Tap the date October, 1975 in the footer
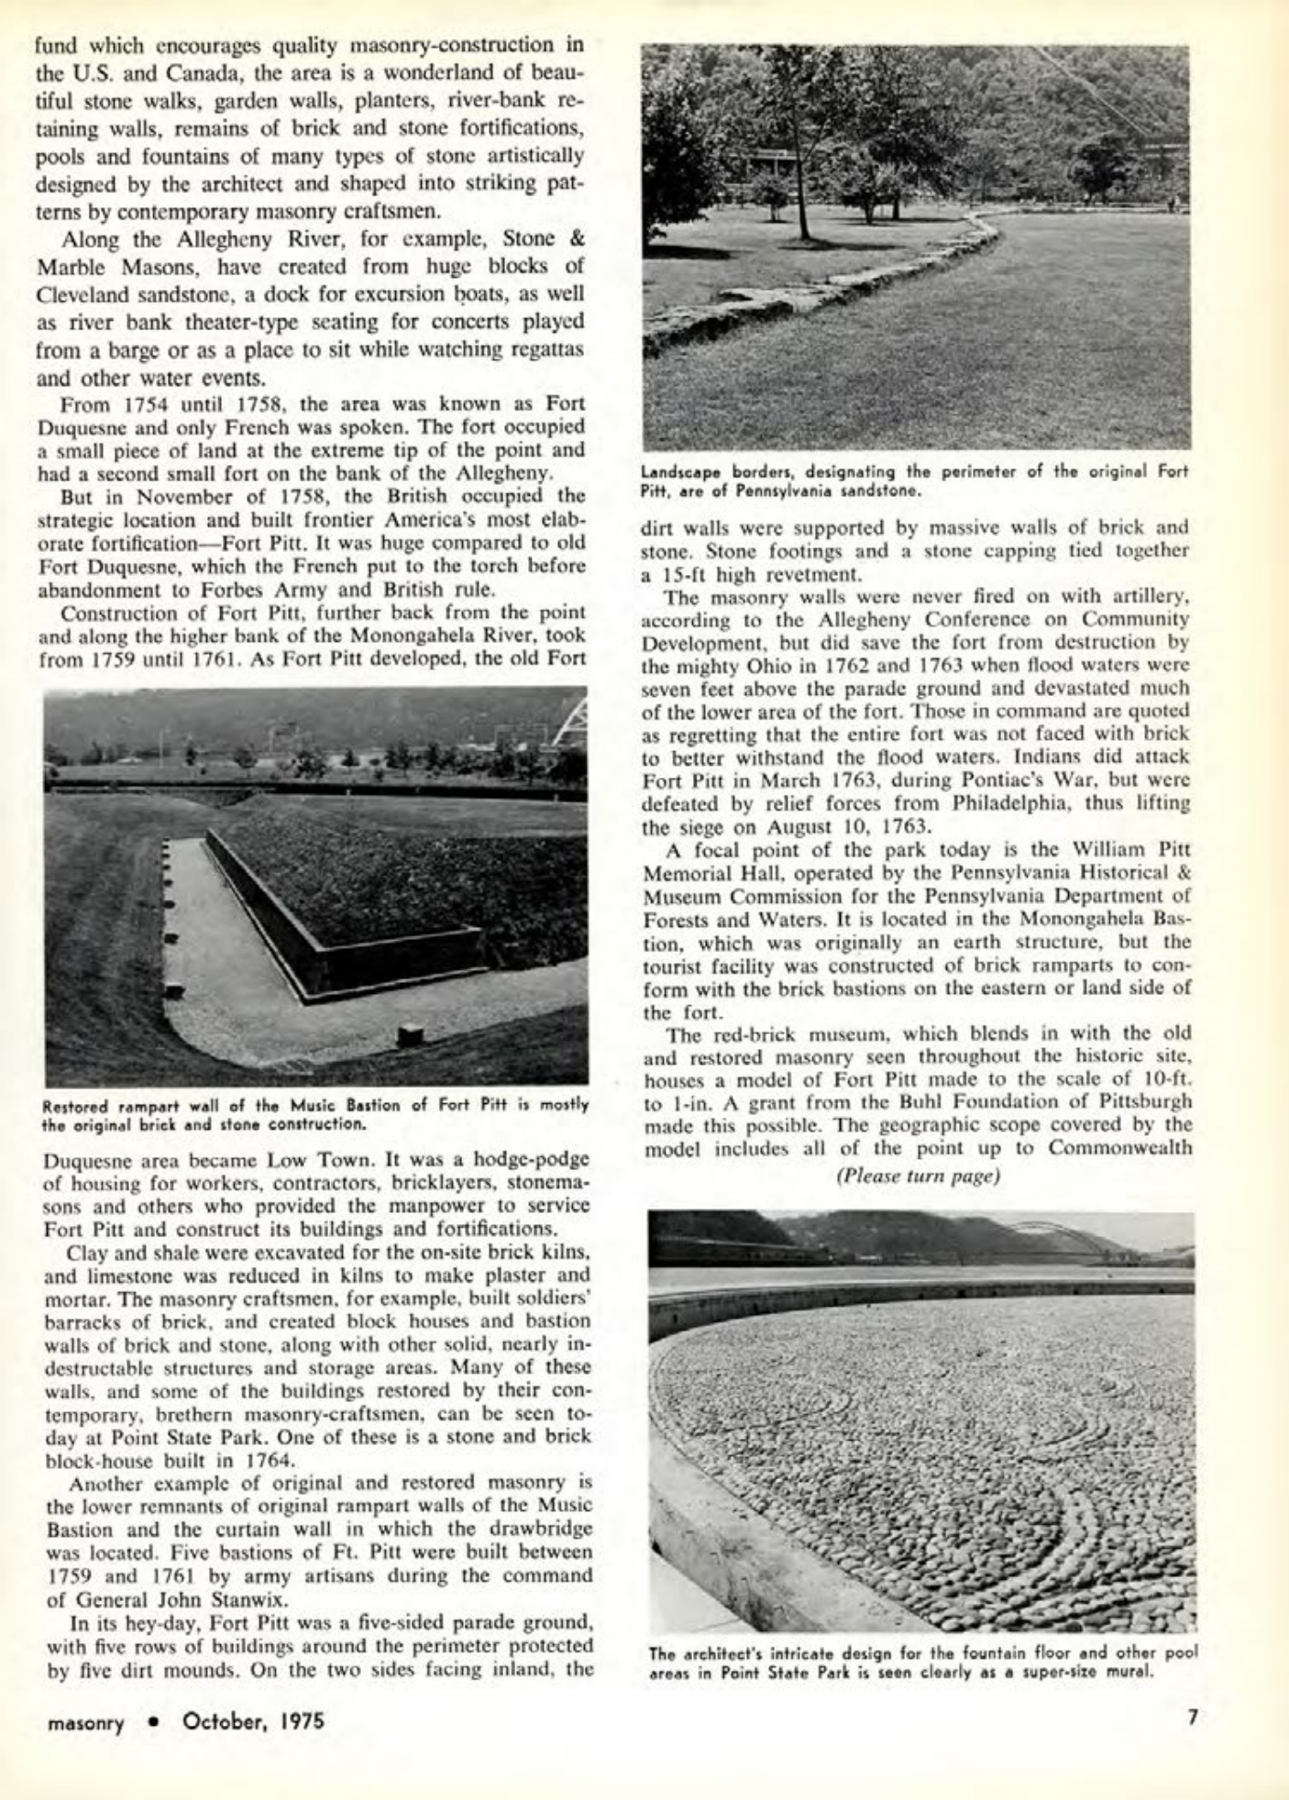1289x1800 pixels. [x=254, y=1720]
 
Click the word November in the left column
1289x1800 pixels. [x=175, y=496]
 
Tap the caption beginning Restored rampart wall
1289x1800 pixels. [x=316, y=1111]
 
